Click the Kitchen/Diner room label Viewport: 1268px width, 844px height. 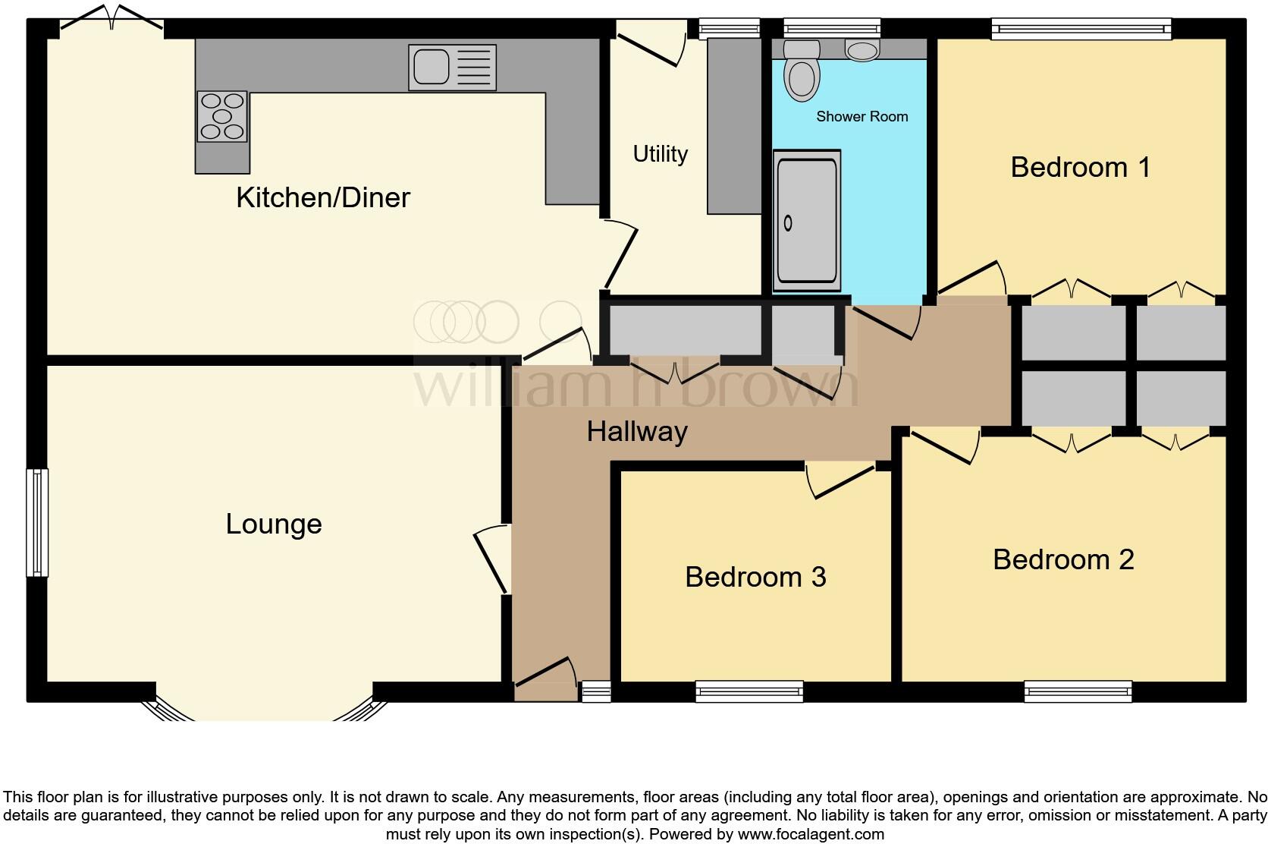(322, 197)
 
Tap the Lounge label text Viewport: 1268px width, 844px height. (274, 524)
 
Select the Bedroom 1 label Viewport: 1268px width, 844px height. (1080, 167)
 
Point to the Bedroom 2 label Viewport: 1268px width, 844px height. (1064, 559)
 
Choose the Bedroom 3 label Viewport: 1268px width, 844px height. (755, 577)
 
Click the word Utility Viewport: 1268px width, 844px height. (660, 153)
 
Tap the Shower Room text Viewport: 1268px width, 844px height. (862, 117)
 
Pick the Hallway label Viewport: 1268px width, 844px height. (637, 432)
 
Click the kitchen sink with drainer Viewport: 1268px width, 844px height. (452, 68)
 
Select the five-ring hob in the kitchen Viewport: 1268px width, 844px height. (222, 116)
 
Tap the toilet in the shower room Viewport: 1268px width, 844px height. (802, 71)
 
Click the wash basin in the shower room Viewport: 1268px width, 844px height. (862, 50)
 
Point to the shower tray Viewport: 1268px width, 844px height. (807, 221)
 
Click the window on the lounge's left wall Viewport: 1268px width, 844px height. (37, 523)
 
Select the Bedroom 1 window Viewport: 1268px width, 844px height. (1081, 29)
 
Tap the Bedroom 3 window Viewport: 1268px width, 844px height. (749, 691)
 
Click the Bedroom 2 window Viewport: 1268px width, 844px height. (1078, 691)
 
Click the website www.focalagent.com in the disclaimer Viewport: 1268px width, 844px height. (811, 834)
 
